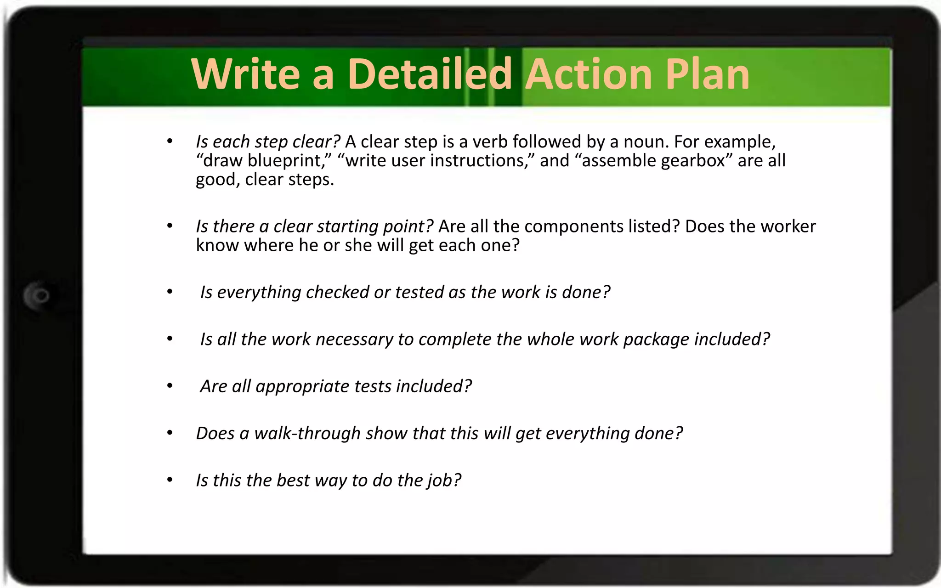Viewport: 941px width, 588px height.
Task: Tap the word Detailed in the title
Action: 430,74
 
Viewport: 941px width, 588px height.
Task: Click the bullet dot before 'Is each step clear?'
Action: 170,141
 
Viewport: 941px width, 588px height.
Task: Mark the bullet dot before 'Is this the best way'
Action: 170,480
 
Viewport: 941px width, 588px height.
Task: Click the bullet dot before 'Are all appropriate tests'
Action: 170,386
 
